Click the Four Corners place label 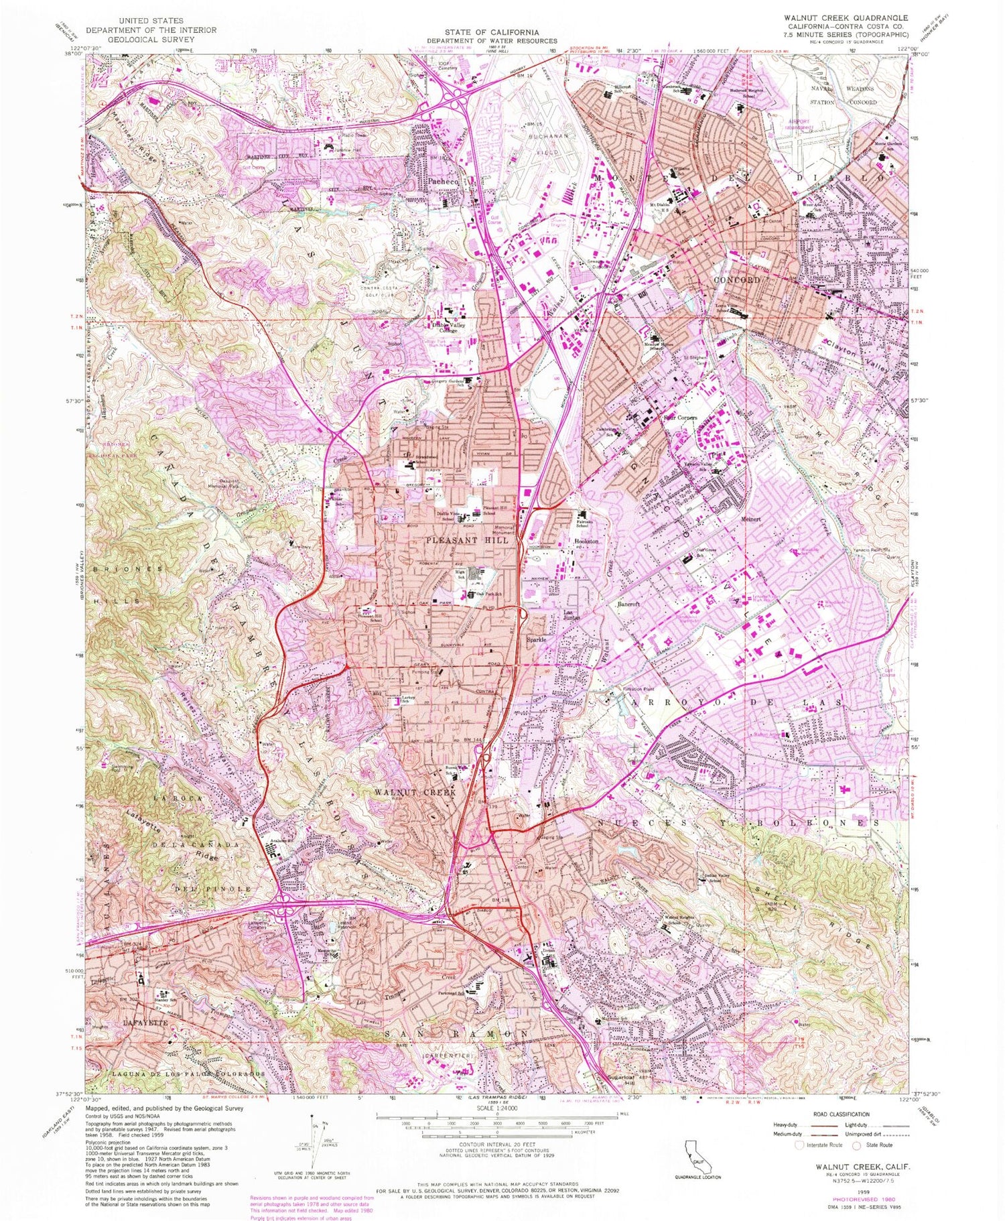click(x=680, y=417)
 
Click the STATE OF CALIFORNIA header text click(x=493, y=32)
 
